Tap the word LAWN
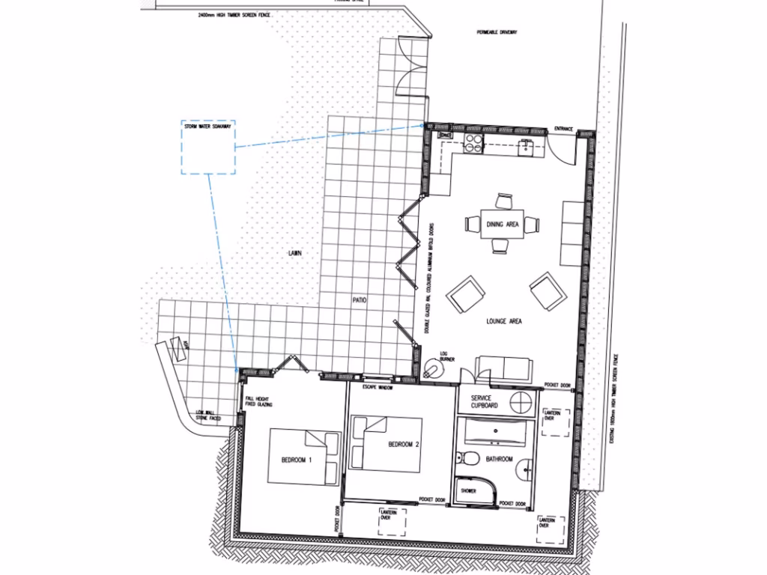(x=295, y=254)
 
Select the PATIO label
(x=360, y=300)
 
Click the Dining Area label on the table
(x=502, y=224)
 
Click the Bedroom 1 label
(x=298, y=459)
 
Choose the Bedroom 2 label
(x=403, y=445)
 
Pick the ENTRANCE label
(x=563, y=130)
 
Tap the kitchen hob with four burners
(x=473, y=142)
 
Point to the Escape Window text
(x=378, y=388)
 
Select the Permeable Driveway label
(x=497, y=33)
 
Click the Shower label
(x=468, y=491)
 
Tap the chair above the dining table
(x=503, y=201)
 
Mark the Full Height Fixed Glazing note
(x=259, y=401)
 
